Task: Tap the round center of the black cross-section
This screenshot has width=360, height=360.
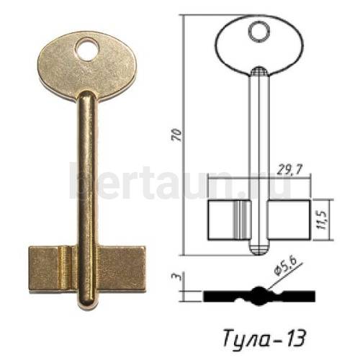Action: pos(258,295)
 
